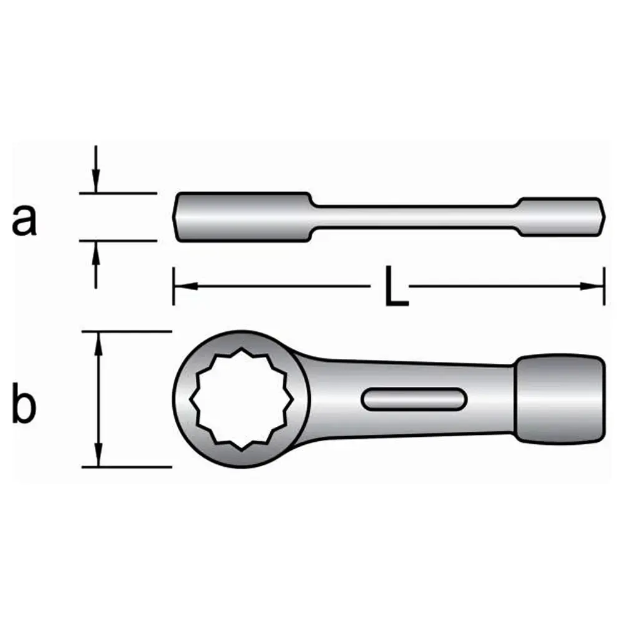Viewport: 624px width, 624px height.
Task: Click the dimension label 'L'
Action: (x=396, y=286)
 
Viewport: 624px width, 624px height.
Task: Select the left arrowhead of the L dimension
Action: (x=186, y=286)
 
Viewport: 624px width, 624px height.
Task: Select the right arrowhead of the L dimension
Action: (x=592, y=286)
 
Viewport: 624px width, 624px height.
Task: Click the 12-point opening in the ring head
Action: (x=241, y=399)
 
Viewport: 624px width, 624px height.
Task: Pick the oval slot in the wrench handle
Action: (x=414, y=399)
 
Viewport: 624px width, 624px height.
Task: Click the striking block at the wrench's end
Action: (x=560, y=399)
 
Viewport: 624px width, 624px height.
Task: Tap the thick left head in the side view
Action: (x=243, y=217)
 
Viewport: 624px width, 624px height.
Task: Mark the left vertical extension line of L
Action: (x=173, y=286)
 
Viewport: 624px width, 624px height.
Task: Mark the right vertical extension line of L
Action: (x=604, y=286)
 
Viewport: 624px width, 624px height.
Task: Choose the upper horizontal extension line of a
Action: (x=118, y=193)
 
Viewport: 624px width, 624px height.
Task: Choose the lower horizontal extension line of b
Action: (x=127, y=467)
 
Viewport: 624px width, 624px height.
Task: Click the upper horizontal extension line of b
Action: (x=127, y=331)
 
